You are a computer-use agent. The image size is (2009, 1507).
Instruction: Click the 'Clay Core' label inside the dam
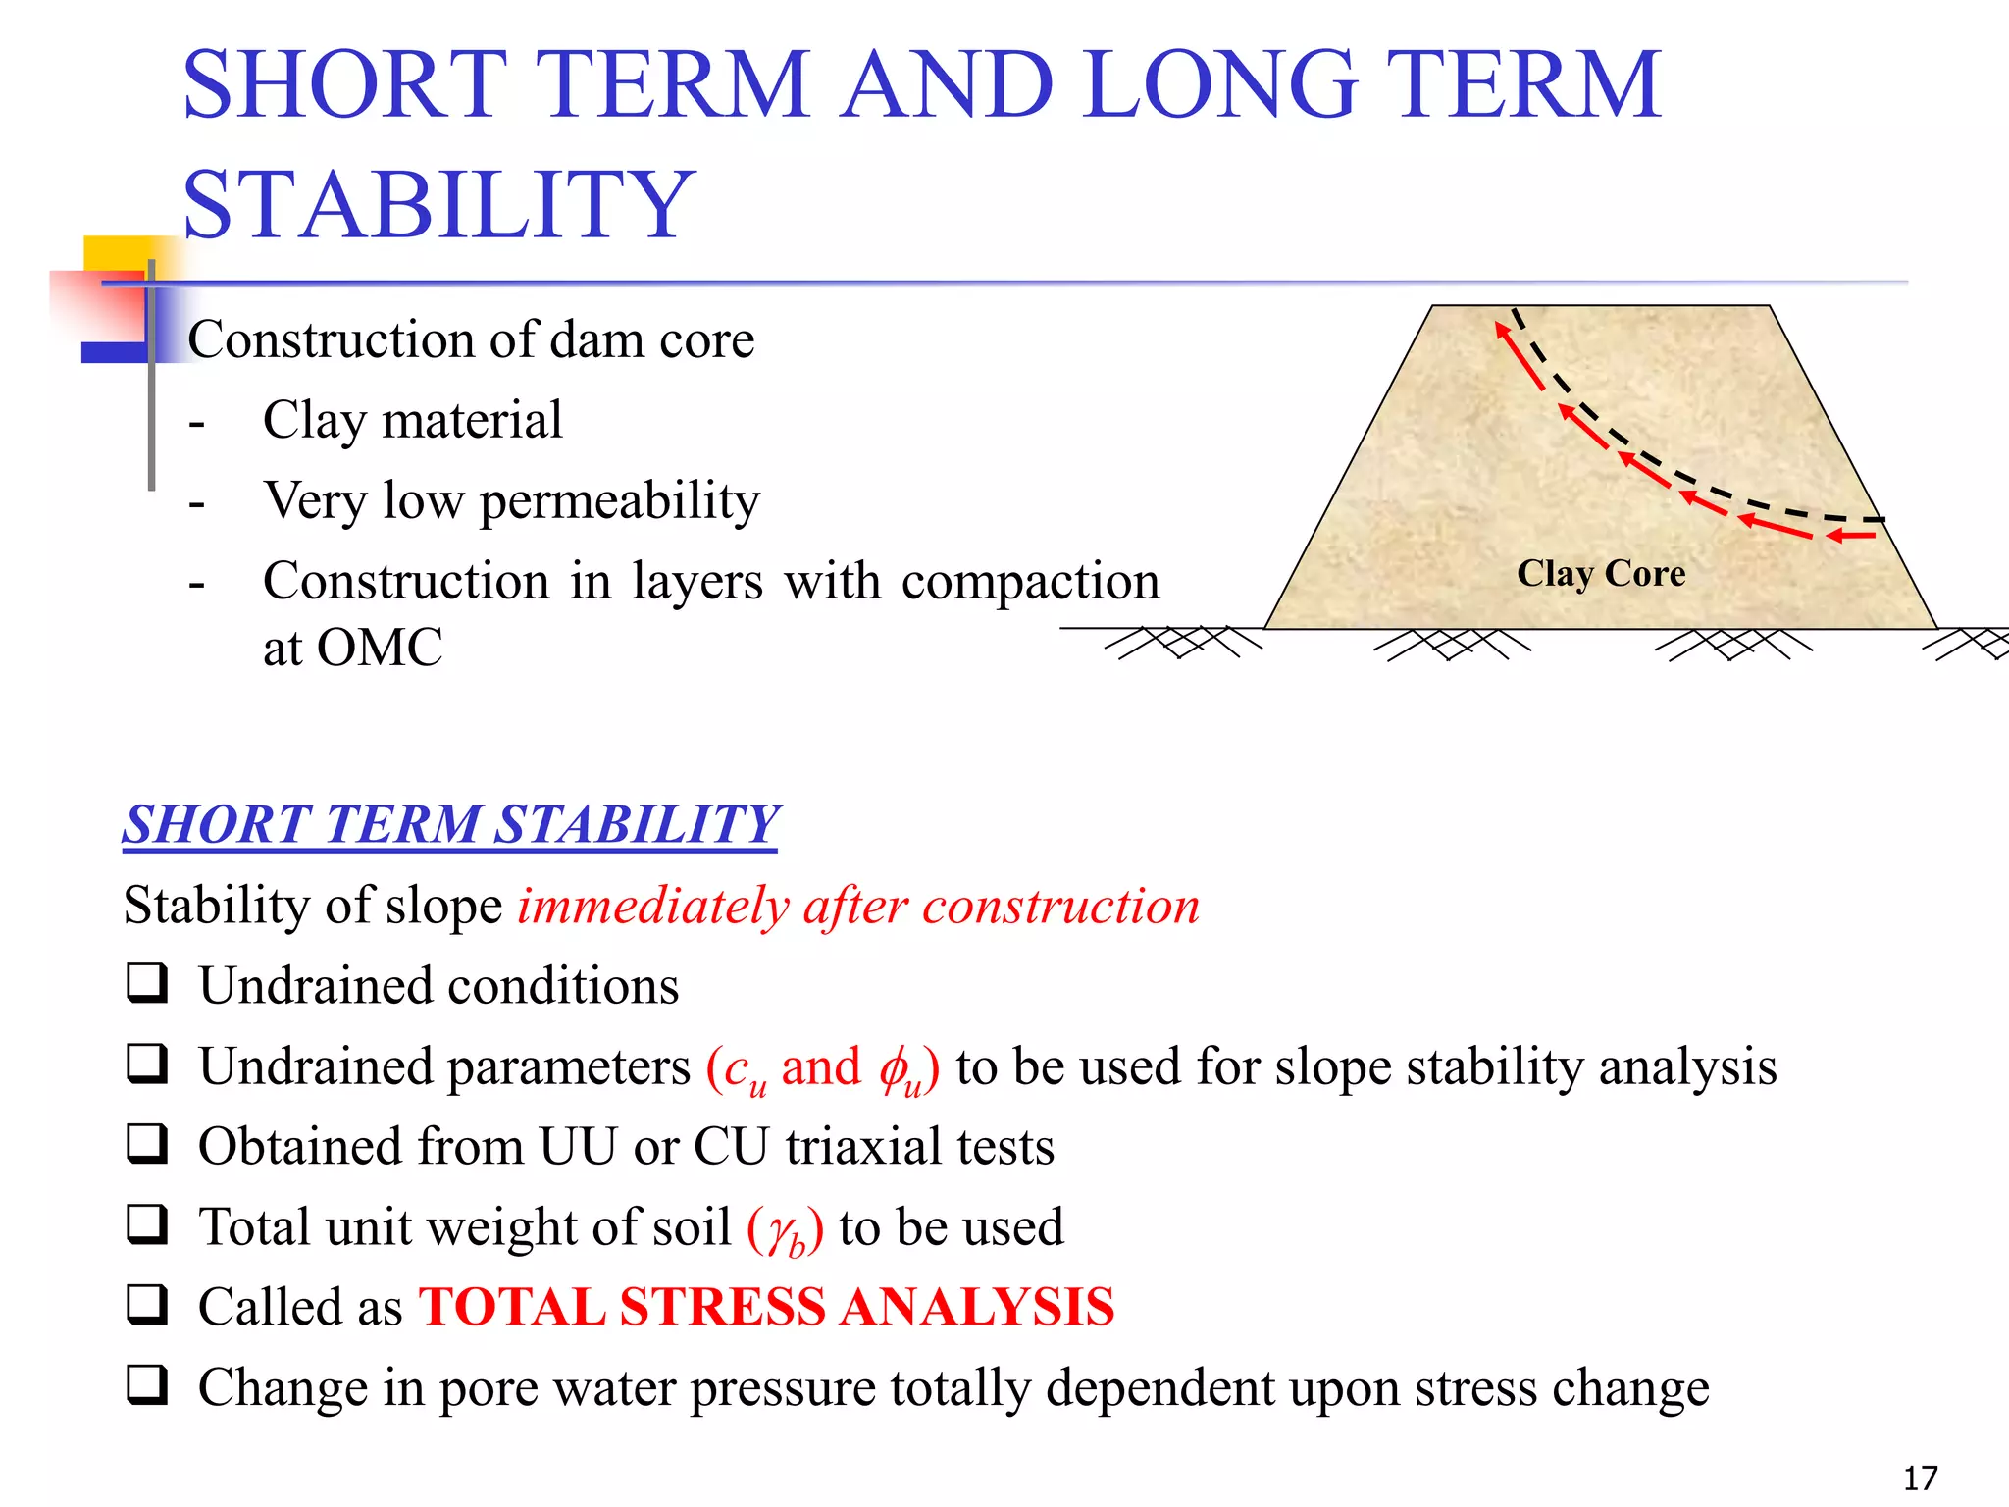click(1601, 574)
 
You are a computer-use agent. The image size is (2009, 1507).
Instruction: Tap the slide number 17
click(1920, 1478)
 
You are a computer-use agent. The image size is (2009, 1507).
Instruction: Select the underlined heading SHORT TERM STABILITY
click(450, 824)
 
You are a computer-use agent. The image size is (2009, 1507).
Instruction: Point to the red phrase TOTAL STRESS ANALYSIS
click(767, 1307)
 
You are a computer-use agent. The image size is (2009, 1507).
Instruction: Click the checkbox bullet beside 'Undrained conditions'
click(147, 983)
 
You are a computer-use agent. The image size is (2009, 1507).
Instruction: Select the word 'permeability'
click(619, 501)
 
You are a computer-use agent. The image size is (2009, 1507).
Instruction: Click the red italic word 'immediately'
click(653, 906)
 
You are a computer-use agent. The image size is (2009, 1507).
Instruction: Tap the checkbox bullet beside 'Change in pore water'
click(147, 1385)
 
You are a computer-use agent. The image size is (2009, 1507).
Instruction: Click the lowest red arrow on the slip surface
click(1852, 536)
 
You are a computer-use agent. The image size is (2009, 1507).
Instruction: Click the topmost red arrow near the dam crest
click(1518, 355)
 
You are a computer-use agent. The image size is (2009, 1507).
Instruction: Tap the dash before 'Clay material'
click(197, 423)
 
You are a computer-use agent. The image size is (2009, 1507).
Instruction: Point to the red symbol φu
click(900, 1069)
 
